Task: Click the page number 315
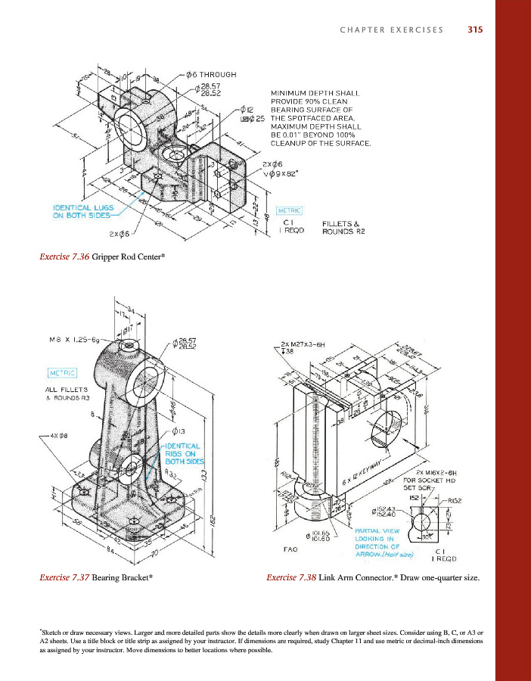click(475, 30)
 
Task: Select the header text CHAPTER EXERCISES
click(391, 30)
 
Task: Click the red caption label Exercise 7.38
click(293, 577)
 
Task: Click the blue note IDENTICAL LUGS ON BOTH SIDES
click(82, 211)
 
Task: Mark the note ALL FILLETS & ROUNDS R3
click(69, 393)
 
